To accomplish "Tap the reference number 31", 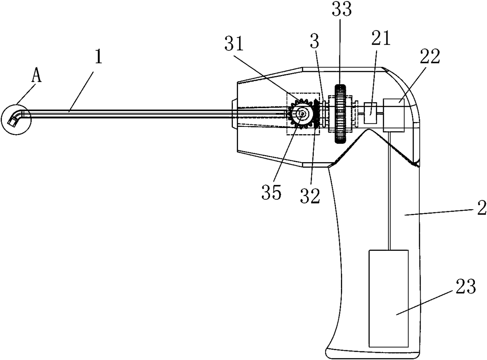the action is [234, 44].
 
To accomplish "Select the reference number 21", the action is [381, 38].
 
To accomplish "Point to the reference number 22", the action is [430, 57].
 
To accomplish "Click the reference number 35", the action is [271, 192].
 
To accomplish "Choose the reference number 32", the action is [310, 196].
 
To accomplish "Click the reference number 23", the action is [465, 286].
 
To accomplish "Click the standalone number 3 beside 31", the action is [315, 42].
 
